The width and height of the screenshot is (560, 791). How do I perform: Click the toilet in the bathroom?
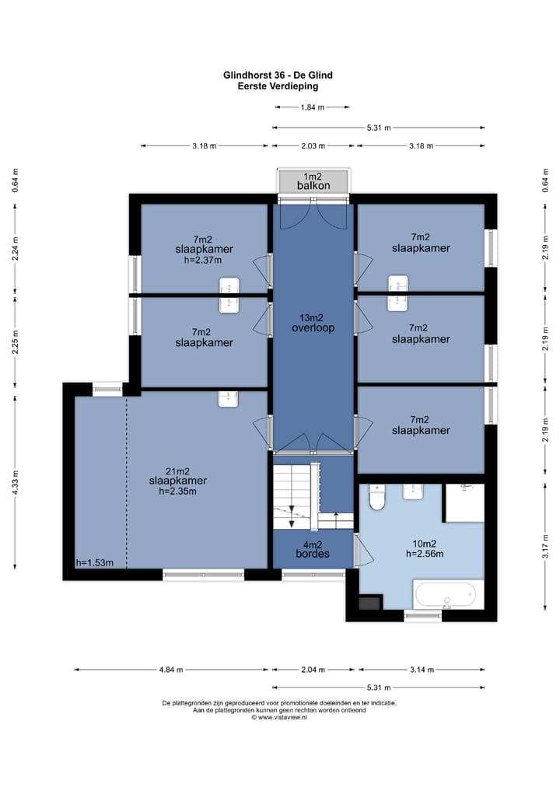376,498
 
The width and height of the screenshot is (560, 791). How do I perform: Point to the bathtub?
445,595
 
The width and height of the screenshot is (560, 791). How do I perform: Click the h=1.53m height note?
94,563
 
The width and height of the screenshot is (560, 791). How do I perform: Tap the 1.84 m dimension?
313,107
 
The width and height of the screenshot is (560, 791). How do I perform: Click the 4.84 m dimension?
171,670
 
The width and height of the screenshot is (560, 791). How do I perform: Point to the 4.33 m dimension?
15,483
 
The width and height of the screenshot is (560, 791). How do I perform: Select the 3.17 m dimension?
545,546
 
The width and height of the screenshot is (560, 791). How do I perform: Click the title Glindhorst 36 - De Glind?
278,75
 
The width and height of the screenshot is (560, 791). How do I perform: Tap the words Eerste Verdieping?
278,86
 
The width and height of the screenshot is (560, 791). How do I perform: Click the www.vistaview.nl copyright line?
279,717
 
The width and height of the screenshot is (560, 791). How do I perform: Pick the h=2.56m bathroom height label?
425,554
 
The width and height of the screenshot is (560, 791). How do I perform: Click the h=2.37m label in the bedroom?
203,261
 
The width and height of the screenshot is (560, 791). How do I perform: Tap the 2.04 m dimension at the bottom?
313,670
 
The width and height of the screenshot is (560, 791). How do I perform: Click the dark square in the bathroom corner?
369,604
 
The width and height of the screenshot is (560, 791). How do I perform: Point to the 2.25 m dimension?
15,341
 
